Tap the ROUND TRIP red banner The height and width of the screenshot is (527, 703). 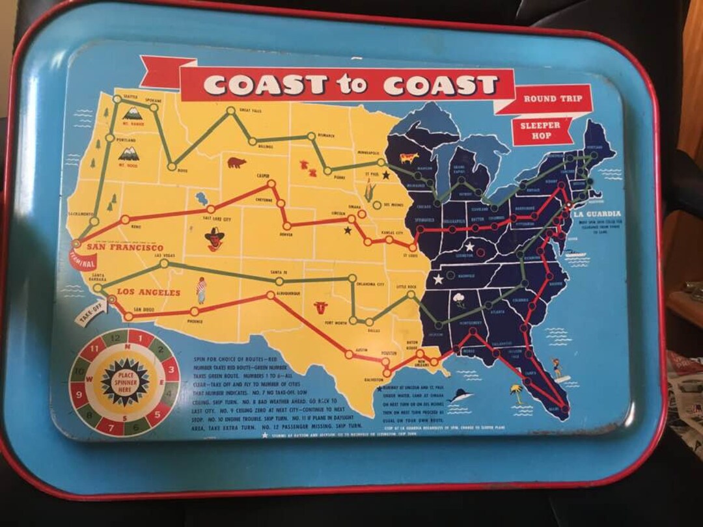pyautogui.click(x=553, y=99)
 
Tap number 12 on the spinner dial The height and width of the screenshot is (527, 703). pyautogui.click(x=116, y=338)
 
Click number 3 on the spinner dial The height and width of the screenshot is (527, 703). pyautogui.click(x=172, y=370)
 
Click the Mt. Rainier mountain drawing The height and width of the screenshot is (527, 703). pyautogui.click(x=133, y=115)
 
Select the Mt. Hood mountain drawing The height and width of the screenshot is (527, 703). pyautogui.click(x=128, y=154)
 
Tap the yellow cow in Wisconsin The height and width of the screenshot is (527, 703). pyautogui.click(x=409, y=158)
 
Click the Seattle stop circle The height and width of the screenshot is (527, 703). pyautogui.click(x=117, y=100)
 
